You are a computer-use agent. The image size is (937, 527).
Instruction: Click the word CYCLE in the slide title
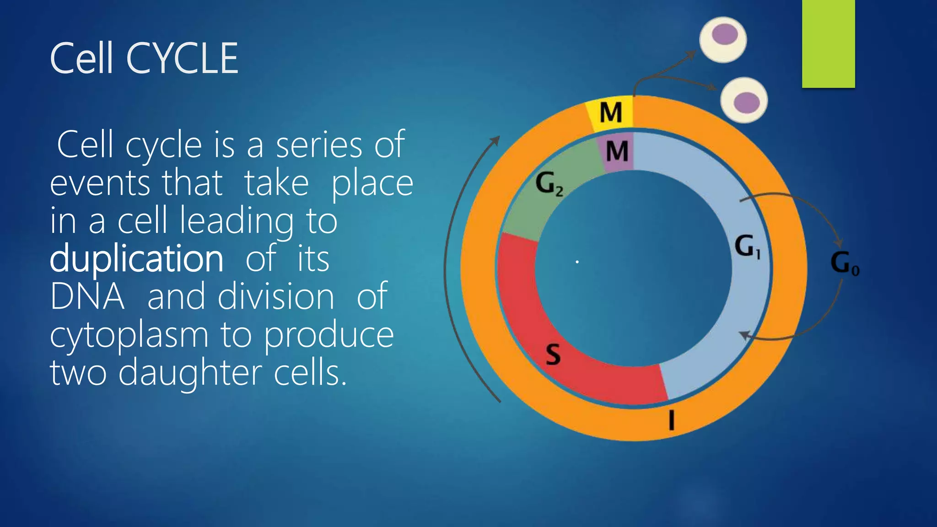click(182, 59)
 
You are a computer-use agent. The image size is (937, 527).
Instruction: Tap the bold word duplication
click(136, 258)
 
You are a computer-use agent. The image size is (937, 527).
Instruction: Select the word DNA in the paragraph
click(87, 296)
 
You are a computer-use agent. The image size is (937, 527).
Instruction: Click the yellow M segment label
click(611, 113)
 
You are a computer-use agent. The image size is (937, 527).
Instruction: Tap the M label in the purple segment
click(617, 151)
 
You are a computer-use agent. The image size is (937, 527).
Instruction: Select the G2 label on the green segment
click(549, 183)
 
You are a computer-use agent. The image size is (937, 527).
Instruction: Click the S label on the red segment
click(553, 354)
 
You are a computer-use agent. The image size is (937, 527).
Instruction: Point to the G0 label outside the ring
click(845, 263)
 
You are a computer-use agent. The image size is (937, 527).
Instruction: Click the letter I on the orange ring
click(671, 420)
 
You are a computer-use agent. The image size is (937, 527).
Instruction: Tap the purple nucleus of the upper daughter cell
click(725, 35)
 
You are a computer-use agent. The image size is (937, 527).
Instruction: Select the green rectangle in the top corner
click(828, 43)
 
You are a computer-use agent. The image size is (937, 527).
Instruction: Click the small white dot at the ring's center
click(577, 262)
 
